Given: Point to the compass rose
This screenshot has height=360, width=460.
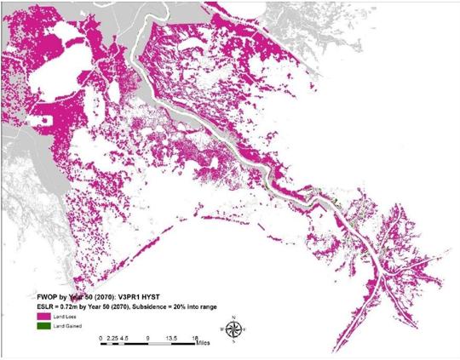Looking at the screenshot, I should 233,328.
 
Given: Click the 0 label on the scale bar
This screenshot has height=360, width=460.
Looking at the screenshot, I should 101,337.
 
